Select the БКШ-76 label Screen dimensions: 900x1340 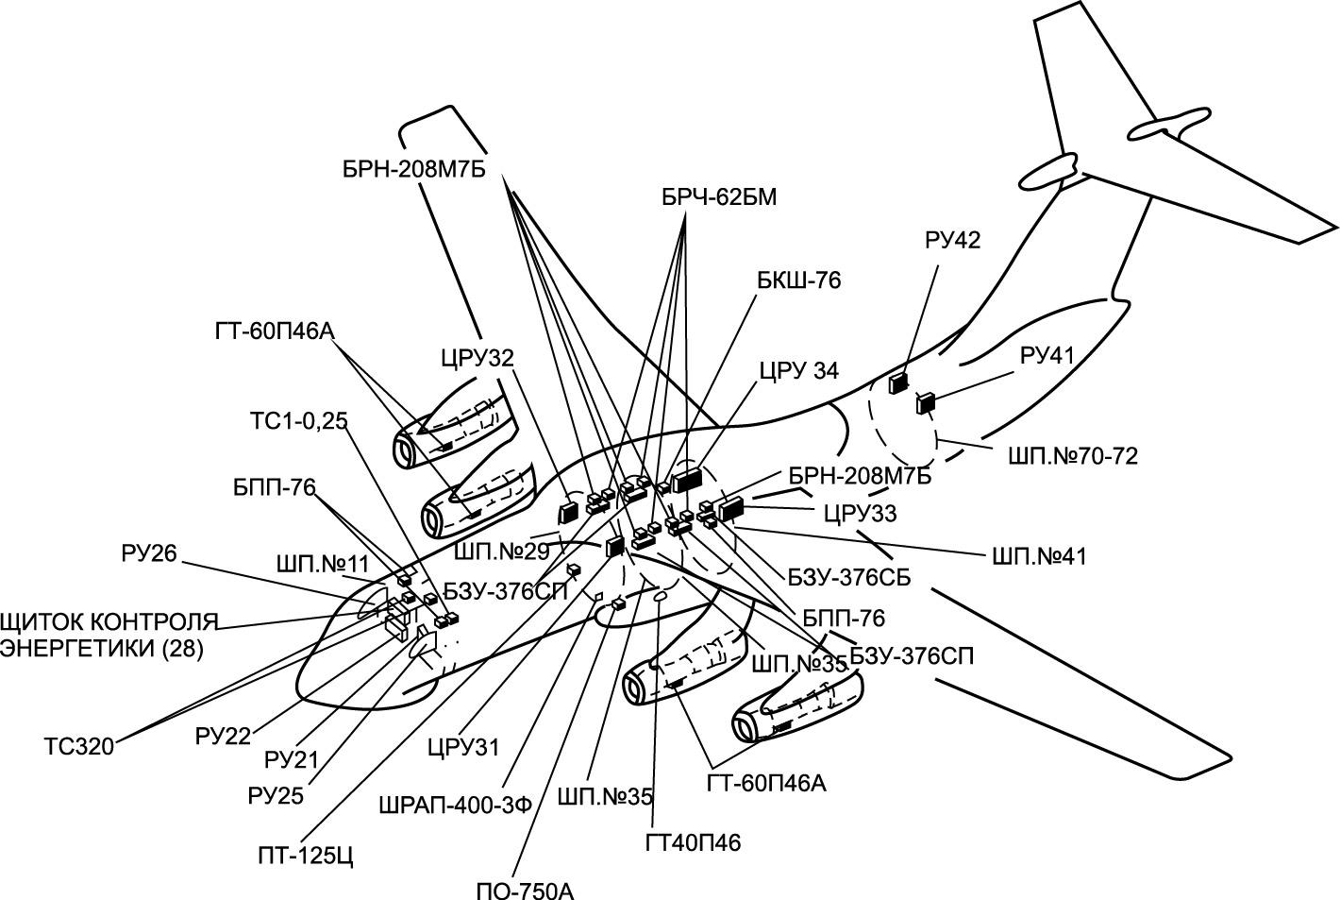point(797,280)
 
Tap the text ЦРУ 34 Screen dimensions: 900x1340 point(798,370)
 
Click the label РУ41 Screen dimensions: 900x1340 point(1047,356)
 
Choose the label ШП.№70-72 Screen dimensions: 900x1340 point(1073,456)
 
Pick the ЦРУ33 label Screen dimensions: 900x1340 point(860,514)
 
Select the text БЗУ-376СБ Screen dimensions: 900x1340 point(849,578)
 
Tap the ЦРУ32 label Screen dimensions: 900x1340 point(477,359)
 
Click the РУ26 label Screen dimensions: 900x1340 point(149,553)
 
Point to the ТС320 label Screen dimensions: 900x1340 point(78,747)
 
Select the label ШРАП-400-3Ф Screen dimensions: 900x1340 point(455,805)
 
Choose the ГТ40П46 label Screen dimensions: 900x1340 point(694,842)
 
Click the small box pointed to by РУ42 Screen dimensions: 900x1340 point(898,382)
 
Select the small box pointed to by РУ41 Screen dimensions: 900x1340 point(925,403)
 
